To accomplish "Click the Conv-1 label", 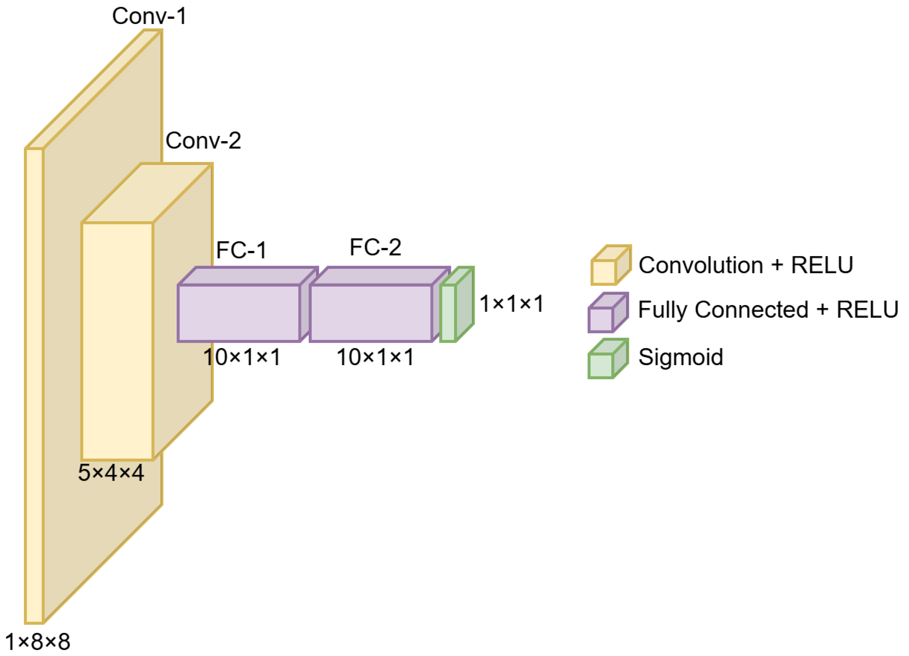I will pos(149,17).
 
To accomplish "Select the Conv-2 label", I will pos(203,141).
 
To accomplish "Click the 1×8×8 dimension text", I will pos(37,642).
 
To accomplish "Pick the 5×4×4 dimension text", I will pos(111,472).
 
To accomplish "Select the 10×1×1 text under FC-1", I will pos(242,357).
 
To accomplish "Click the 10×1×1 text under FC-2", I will pos(375,357).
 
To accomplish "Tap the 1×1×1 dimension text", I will pos(511,303).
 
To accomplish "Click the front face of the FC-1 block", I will pos(239,313).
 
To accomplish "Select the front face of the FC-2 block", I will pos(371,313).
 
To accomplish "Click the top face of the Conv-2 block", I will pos(147,193).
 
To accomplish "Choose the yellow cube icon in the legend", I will pos(610,266).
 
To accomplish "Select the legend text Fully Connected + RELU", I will pos(768,310).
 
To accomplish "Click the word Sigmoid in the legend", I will pos(680,357).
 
